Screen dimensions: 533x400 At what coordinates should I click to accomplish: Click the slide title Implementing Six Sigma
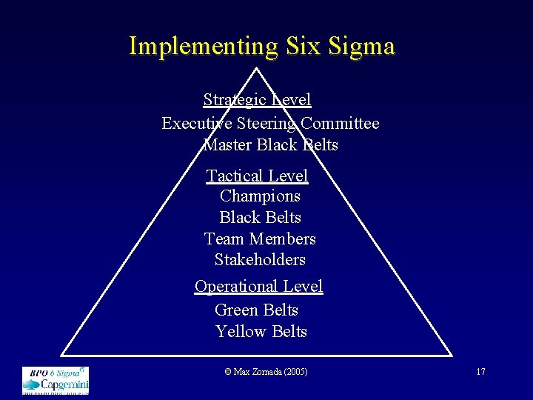262,46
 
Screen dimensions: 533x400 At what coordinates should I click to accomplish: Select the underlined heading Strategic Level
257,99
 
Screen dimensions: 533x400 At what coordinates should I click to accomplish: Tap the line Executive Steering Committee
270,123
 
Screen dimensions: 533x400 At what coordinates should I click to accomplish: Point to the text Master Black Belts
270,144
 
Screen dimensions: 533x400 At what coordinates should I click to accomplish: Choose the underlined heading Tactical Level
257,176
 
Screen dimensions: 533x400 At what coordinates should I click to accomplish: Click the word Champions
260,196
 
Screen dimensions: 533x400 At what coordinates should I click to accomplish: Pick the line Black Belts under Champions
260,218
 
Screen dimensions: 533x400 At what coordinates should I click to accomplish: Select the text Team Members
260,239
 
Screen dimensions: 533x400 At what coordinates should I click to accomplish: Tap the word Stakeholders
260,260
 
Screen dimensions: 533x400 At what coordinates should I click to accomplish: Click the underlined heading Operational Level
258,286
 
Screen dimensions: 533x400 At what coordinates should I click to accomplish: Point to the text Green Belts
256,310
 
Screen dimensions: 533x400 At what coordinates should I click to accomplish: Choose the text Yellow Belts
261,331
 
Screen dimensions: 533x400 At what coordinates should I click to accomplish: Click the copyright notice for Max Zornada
266,371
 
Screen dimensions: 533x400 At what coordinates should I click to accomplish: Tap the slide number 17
480,371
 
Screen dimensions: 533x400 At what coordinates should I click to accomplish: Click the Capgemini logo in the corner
56,379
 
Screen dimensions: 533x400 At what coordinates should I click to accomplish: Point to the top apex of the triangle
256,69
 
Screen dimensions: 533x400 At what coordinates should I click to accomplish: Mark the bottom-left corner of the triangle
61,356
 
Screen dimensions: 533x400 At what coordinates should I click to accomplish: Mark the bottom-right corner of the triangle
452,356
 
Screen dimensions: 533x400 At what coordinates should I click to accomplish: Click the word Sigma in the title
363,46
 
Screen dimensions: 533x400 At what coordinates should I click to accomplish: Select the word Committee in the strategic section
339,123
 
